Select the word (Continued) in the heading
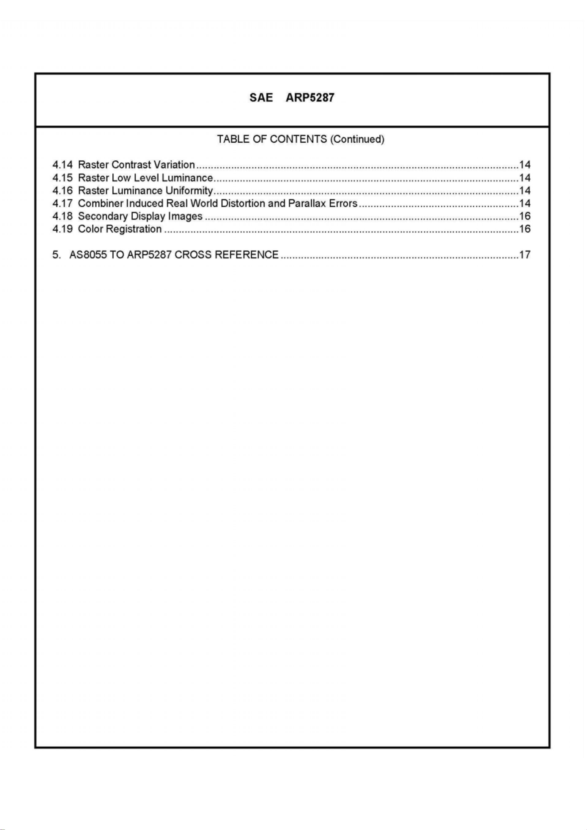pos(357,139)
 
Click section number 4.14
pos(62,165)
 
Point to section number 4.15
pos(62,178)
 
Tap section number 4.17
pos(62,204)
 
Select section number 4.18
pos(62,216)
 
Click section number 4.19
pos(62,229)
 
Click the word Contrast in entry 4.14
pos(131,165)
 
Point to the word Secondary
pos(103,216)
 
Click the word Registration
pos(134,229)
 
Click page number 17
pos(525,255)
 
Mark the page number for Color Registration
pos(525,229)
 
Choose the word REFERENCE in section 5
pos(247,255)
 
